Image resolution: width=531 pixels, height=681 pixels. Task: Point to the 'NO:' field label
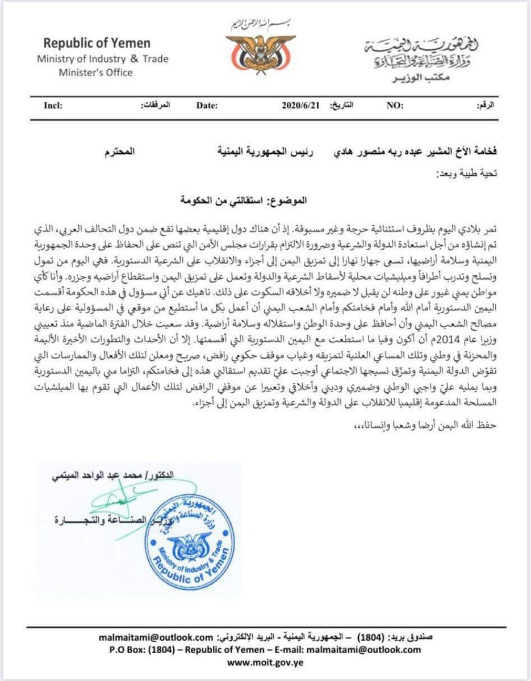pyautogui.click(x=395, y=106)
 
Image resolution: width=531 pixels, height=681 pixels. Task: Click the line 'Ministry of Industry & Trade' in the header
pyautogui.click(x=103, y=59)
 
